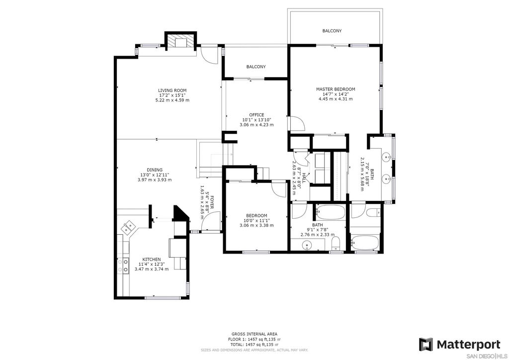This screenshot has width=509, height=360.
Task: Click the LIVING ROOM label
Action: (172, 90)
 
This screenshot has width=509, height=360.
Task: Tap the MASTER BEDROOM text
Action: (336, 89)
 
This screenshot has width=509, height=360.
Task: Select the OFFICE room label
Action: (256, 115)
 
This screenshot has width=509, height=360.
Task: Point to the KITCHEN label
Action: (152, 260)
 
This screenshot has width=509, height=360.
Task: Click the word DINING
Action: (154, 170)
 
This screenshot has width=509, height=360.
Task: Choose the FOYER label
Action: (211, 203)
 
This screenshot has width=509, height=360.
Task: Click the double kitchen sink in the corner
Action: (129, 227)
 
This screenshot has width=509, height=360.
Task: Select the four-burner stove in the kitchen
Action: (122, 265)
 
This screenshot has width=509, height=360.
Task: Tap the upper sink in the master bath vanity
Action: (387, 158)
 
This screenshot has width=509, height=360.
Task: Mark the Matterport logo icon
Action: (425, 344)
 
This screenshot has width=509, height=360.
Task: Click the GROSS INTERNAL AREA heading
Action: (254, 334)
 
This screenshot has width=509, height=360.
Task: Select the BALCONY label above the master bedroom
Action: (332, 31)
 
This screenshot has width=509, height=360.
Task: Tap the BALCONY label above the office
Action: (256, 67)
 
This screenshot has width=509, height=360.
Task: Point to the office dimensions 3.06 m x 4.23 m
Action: (256, 125)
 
